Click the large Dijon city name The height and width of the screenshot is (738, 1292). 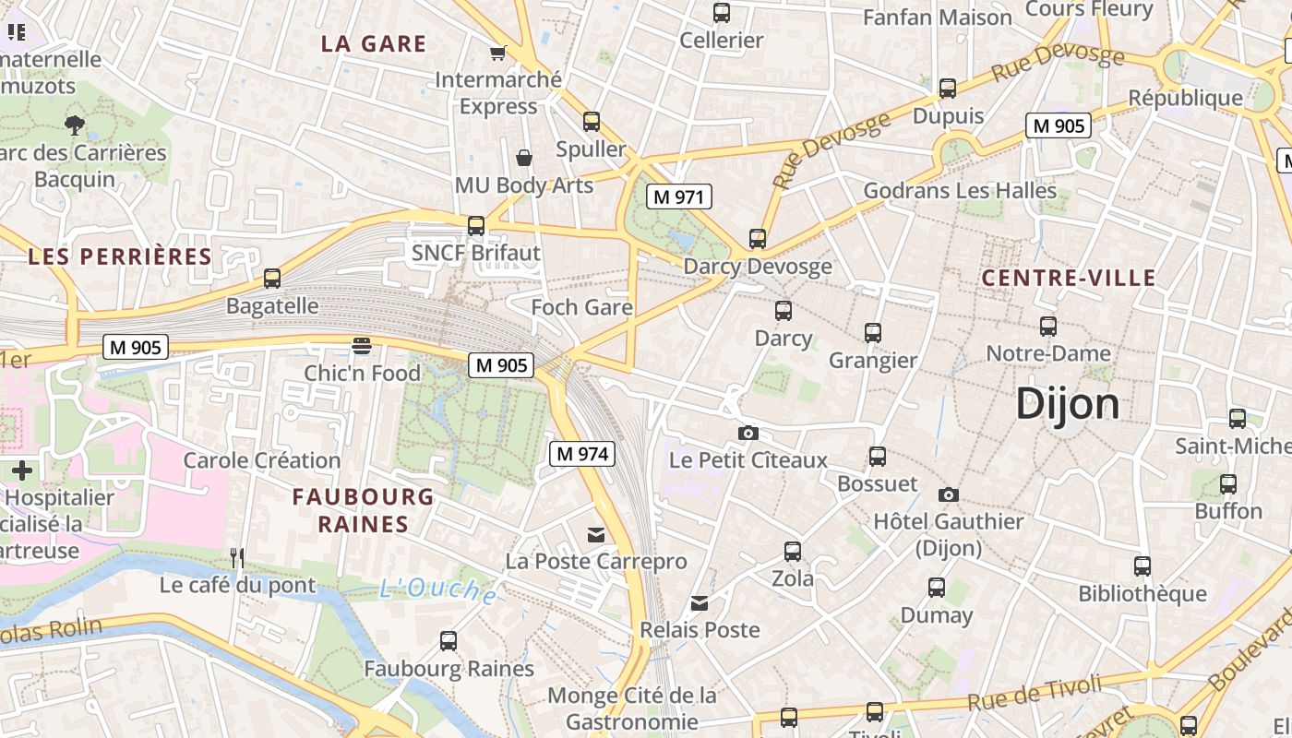click(x=1068, y=404)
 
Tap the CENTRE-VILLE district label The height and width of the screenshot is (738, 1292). click(x=1069, y=278)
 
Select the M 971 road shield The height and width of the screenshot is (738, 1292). click(x=678, y=196)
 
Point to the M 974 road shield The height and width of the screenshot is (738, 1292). click(x=581, y=454)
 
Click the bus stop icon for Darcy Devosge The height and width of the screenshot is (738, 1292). click(x=758, y=239)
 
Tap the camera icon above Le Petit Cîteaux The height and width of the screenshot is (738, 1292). click(x=748, y=433)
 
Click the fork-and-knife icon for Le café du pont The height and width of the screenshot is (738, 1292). click(x=237, y=557)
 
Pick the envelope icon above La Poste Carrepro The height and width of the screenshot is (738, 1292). click(x=596, y=534)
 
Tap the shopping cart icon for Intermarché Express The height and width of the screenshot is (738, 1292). click(x=498, y=53)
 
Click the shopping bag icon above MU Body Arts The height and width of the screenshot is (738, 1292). click(x=524, y=158)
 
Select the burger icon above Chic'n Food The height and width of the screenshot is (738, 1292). click(x=362, y=346)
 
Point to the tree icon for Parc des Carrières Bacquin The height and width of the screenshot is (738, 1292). click(x=75, y=125)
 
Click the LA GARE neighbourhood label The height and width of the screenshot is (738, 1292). click(x=374, y=43)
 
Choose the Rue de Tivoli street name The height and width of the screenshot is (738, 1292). click(x=1035, y=693)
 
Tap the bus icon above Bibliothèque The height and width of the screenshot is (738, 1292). click(x=1142, y=566)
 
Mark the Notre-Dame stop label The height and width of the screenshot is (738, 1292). click(x=1048, y=353)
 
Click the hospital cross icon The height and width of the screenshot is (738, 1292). click(x=21, y=470)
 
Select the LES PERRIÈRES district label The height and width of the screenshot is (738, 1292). click(x=120, y=256)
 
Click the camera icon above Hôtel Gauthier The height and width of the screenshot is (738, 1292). click(x=949, y=495)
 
